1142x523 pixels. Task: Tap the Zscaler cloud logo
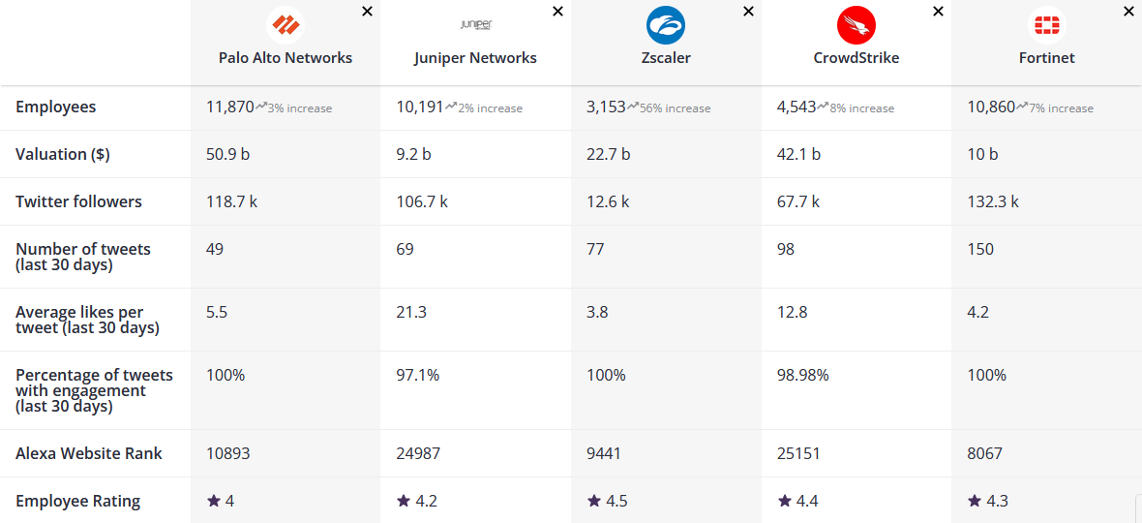point(666,25)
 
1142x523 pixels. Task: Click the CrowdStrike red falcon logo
point(856,25)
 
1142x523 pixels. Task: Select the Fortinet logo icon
point(1046,25)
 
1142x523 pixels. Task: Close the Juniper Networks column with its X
point(557,12)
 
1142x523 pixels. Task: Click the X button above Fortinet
point(1128,12)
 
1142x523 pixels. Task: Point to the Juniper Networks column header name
point(475,57)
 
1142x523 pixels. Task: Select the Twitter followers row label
point(78,201)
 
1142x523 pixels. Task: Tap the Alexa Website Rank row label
point(89,453)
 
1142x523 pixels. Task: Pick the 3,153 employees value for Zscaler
point(606,107)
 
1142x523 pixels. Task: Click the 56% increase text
point(675,108)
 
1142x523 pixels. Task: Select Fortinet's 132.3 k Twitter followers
point(993,201)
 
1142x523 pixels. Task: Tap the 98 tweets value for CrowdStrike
point(786,249)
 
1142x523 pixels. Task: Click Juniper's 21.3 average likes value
point(411,312)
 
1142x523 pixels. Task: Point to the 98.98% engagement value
point(803,375)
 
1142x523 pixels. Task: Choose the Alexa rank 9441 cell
point(604,453)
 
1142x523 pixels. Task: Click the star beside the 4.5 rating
point(594,501)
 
